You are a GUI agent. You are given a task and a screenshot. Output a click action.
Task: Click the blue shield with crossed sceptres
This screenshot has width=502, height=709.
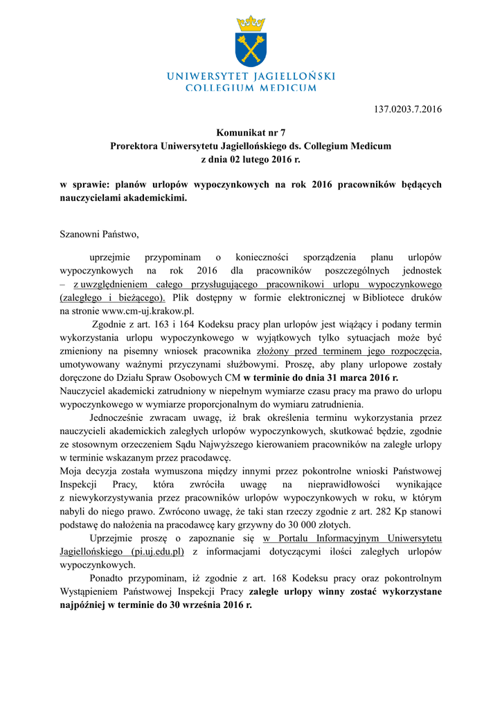click(x=251, y=48)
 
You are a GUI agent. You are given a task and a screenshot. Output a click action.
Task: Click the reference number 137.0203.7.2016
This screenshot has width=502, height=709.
click(x=407, y=109)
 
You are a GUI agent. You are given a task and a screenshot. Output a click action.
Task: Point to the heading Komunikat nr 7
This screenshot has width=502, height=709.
click(x=251, y=133)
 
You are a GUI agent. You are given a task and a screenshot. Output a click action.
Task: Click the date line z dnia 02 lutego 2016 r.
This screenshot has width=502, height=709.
click(x=251, y=159)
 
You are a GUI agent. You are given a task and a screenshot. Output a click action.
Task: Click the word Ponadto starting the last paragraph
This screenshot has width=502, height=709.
click(x=110, y=577)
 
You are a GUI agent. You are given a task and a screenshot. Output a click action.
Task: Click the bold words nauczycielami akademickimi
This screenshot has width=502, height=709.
click(x=123, y=197)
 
